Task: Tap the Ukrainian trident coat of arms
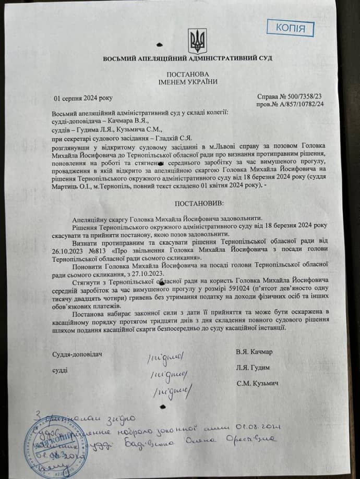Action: [198, 41]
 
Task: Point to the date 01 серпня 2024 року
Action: [83, 97]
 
